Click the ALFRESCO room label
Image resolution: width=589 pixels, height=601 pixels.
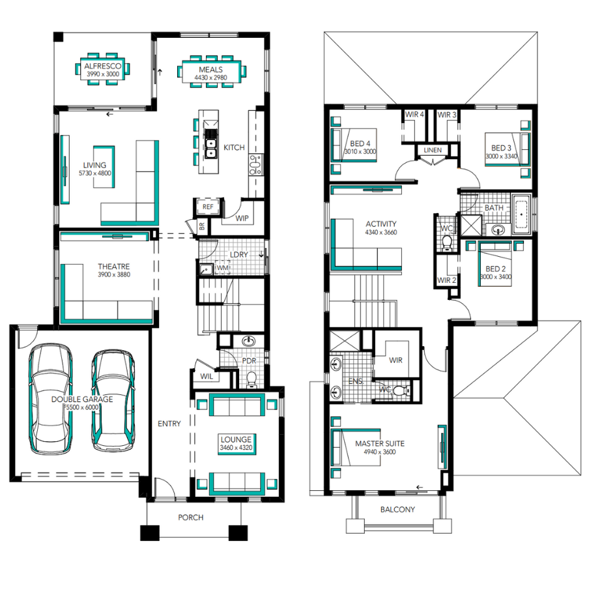[103, 66]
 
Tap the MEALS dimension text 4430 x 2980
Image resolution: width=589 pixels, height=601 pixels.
[210, 78]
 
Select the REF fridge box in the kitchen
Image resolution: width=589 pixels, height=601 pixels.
[208, 207]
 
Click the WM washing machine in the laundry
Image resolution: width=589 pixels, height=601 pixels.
[223, 268]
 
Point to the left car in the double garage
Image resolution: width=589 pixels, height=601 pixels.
[51, 399]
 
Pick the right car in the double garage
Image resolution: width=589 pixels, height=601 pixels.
[113, 400]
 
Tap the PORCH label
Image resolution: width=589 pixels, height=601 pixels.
[190, 518]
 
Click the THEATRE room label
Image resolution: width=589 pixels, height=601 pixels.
[114, 267]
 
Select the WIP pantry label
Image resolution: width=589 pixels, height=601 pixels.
[242, 218]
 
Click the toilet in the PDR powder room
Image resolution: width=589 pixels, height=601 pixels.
[251, 379]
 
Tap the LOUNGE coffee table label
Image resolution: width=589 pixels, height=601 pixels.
[236, 439]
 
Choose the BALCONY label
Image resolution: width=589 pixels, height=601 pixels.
[397, 509]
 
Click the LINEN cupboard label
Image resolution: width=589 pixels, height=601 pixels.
[433, 150]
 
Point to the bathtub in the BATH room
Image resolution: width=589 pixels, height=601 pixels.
[521, 214]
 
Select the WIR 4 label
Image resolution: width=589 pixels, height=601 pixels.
[414, 115]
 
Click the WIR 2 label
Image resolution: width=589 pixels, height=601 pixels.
[447, 280]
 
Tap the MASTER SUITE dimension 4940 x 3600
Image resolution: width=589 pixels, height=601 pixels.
[380, 452]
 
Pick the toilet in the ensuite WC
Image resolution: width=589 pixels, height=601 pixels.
[401, 390]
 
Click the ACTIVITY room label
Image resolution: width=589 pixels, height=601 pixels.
[381, 224]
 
